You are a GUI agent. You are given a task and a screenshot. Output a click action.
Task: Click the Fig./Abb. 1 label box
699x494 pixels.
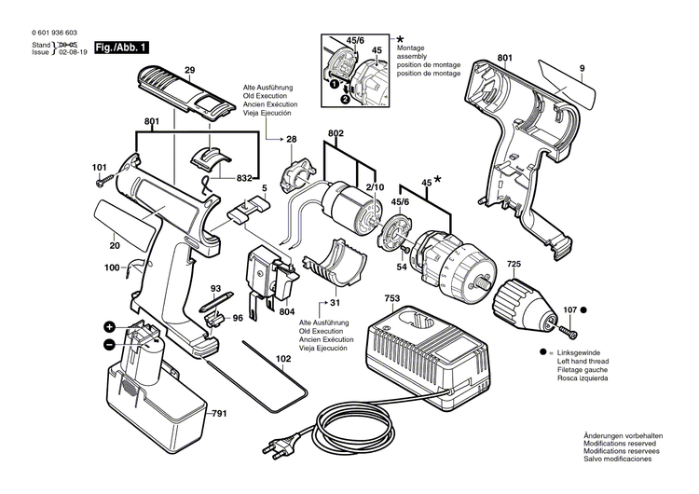pyautogui.click(x=122, y=47)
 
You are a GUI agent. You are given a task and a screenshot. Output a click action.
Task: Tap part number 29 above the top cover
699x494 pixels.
pyautogui.click(x=189, y=71)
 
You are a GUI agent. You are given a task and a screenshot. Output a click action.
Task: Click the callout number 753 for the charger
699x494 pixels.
pyautogui.click(x=393, y=298)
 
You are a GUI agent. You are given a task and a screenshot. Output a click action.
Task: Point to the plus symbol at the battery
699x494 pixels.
pyautogui.click(x=109, y=327)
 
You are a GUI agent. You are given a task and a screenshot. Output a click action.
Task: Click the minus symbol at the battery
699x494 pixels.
pyautogui.click(x=109, y=344)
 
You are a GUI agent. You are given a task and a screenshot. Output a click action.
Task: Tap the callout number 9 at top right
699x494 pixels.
pyautogui.click(x=581, y=67)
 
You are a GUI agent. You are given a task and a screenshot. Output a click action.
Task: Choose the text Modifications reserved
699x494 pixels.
pyautogui.click(x=623, y=444)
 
